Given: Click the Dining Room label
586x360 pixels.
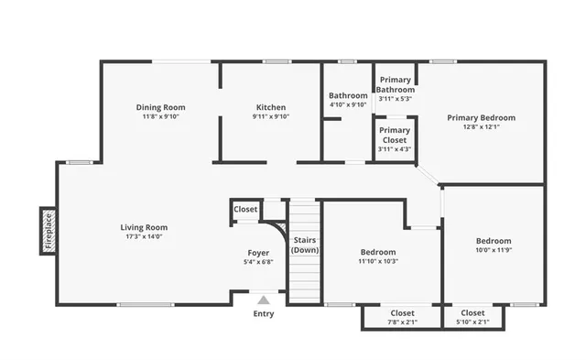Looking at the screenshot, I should point(161,107).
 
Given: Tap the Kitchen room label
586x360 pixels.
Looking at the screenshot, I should point(270,107).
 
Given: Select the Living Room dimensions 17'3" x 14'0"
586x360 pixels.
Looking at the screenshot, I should point(144,236).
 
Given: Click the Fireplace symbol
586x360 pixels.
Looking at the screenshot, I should point(48,231).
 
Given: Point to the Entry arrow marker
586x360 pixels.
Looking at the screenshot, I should point(264,300).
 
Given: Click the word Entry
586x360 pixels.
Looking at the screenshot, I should point(264,314).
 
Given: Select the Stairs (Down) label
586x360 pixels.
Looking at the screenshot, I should point(305,245).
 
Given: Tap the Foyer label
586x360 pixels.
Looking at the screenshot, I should point(258,252).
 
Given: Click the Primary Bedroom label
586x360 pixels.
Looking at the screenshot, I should point(481,117).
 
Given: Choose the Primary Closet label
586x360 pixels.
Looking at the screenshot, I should point(396,135).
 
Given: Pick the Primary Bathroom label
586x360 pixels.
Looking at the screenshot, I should point(396,84).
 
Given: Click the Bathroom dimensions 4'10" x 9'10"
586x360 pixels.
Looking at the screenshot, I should point(348,104).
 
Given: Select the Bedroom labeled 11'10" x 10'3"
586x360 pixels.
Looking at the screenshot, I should point(377,252).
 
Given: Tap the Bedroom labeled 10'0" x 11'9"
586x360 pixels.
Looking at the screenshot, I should point(493,241).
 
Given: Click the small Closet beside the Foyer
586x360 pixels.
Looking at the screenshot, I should point(245,210).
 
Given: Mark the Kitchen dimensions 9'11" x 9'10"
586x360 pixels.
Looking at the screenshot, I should point(270,116).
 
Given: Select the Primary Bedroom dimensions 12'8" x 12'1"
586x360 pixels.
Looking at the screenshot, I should point(481,126).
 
